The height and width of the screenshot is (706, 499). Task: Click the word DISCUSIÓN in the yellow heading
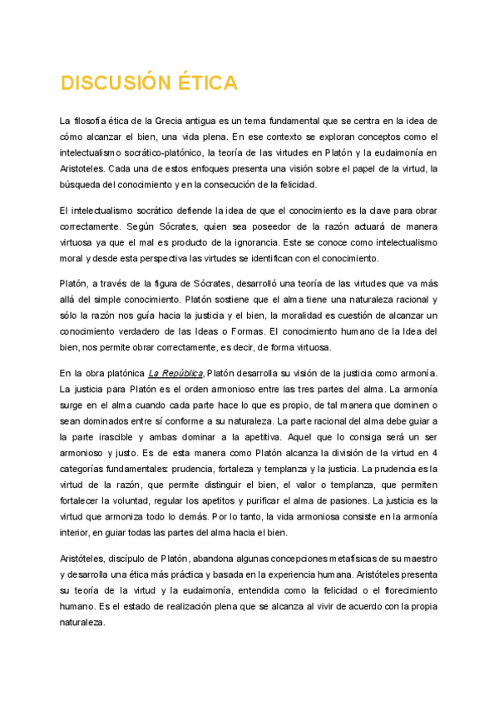[113, 83]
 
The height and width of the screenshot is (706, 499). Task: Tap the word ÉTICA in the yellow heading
[205, 83]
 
